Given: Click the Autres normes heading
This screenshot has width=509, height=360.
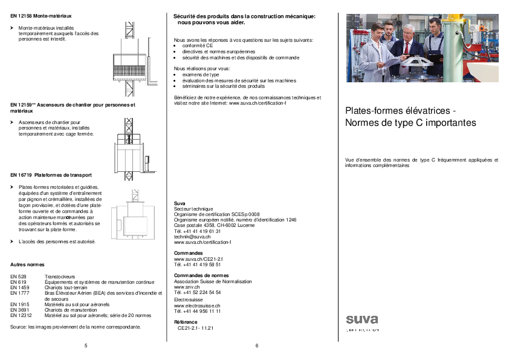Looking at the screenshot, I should pos(27,265).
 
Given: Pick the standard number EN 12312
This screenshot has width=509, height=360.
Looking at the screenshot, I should pos(21,315).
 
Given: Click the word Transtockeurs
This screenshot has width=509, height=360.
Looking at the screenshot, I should pos(59,277).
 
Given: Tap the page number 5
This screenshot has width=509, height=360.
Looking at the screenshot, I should pos(86,345).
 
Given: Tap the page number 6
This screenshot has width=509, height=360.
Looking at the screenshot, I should pos(257,345).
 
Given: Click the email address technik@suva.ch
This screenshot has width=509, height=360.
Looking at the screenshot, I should pos(192,236).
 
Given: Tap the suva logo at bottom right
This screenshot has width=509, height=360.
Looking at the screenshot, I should pos(362,321).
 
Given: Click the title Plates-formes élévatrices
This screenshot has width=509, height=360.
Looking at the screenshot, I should pos(396,111).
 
